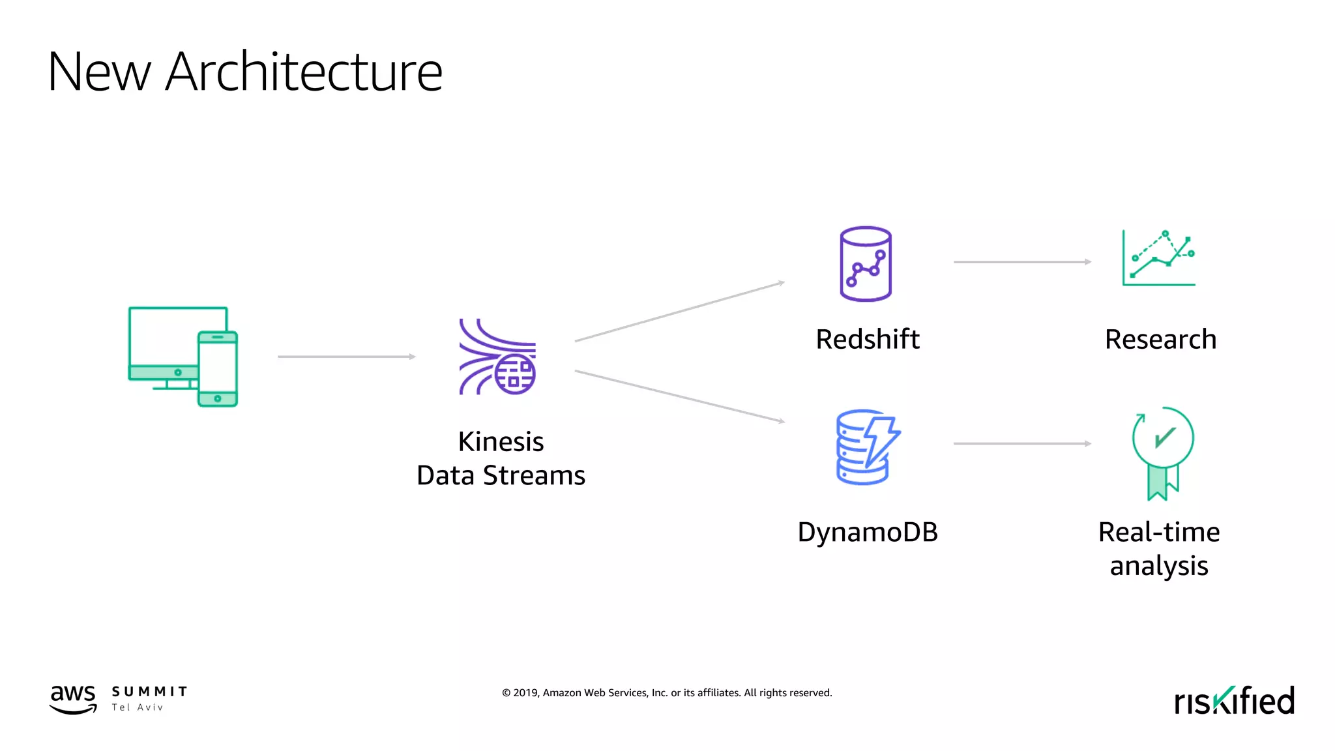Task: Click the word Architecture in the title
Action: pyautogui.click(x=304, y=72)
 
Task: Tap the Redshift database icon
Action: pyautogui.click(x=866, y=264)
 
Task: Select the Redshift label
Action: pyautogui.click(x=868, y=340)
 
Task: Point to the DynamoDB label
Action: pyautogui.click(x=868, y=533)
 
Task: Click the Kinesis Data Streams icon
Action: pyautogui.click(x=497, y=357)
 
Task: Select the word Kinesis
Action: pyautogui.click(x=501, y=442)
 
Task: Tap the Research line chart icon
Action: pyautogui.click(x=1159, y=258)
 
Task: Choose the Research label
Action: pyautogui.click(x=1160, y=340)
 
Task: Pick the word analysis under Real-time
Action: pyautogui.click(x=1159, y=567)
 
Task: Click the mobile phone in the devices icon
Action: pyautogui.click(x=218, y=369)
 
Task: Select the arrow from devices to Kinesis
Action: pyautogui.click(x=347, y=357)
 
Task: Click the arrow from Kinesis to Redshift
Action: pyautogui.click(x=679, y=312)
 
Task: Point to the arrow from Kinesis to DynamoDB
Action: pyautogui.click(x=679, y=396)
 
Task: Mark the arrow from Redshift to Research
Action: pyautogui.click(x=1022, y=262)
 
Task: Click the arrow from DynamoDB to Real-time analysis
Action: pyautogui.click(x=1022, y=444)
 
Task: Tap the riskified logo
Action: pyautogui.click(x=1234, y=701)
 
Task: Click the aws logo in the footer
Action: pyautogui.click(x=73, y=699)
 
